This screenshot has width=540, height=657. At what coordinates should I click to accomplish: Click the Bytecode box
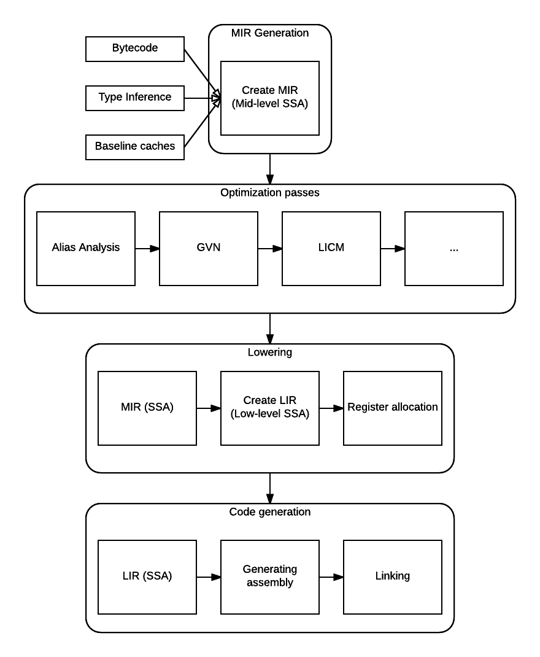[x=135, y=49]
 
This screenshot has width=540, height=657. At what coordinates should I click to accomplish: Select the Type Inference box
[x=135, y=98]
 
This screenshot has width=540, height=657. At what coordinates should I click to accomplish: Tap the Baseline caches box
[x=135, y=147]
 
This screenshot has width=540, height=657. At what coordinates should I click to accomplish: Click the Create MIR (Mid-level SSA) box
[x=270, y=98]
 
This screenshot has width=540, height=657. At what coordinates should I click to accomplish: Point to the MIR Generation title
[x=270, y=33]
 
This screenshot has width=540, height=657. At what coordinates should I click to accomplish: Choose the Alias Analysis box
[x=86, y=249]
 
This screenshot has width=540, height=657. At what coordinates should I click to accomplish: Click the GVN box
[x=209, y=249]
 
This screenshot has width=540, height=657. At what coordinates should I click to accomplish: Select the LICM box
[x=331, y=249]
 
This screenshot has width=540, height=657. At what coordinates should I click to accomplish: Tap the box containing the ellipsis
[x=453, y=249]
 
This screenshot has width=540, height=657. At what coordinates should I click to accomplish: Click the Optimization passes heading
[x=270, y=193]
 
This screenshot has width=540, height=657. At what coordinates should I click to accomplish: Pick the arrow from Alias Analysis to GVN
[x=147, y=249]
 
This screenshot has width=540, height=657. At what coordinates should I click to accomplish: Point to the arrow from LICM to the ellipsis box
[x=393, y=249]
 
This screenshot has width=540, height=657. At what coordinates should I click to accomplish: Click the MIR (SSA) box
[x=147, y=408]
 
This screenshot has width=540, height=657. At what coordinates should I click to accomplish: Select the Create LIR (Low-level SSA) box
[x=270, y=408]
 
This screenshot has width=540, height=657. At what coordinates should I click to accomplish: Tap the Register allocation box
[x=393, y=408]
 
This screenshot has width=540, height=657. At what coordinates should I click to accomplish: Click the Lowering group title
[x=270, y=352]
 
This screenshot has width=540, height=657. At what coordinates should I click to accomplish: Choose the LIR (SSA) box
[x=147, y=577]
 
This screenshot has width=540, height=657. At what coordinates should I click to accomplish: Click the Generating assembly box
[x=270, y=577]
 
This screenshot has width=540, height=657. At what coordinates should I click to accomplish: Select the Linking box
[x=393, y=577]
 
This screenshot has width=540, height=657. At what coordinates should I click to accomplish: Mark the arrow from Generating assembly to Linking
[x=331, y=577]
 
